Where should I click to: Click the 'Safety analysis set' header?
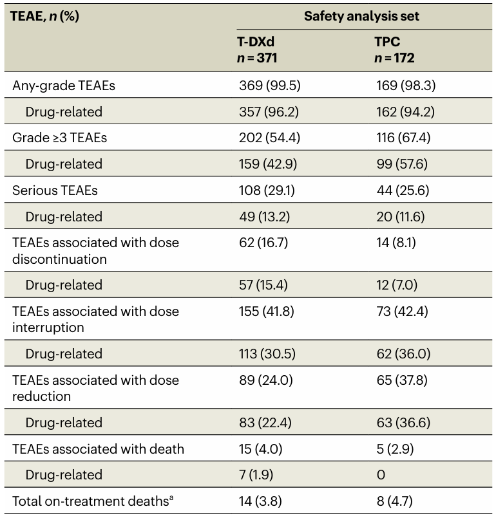[x=361, y=16]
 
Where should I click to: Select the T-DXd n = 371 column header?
[x=258, y=50]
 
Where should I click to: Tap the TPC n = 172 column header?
[x=394, y=50]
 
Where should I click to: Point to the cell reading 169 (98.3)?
[x=405, y=85]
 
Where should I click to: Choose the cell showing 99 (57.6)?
[x=401, y=164]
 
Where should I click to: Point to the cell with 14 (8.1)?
[x=397, y=243]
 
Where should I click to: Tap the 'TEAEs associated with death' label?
[x=99, y=449]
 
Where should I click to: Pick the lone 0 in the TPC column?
[x=380, y=475]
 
